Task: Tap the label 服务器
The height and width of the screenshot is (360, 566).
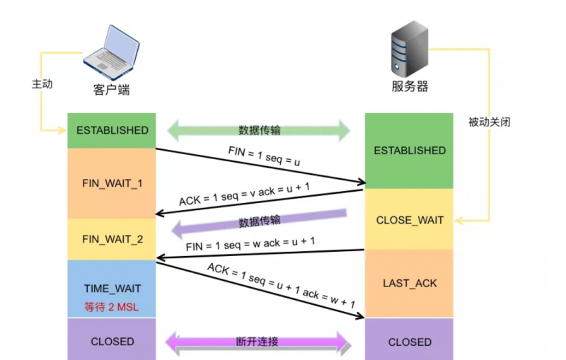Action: click(410, 87)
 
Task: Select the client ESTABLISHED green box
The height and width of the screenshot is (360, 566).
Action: click(112, 130)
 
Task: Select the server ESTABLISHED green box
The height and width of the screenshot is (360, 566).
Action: click(410, 150)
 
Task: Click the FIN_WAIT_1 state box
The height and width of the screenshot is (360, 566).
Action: click(112, 183)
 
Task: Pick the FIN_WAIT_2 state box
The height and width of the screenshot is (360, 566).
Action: click(112, 239)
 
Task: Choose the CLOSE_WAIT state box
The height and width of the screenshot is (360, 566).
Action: click(410, 220)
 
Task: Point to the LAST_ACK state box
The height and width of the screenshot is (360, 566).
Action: click(410, 283)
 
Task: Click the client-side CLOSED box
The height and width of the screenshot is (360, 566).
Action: click(112, 341)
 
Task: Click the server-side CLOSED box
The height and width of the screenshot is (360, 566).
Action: click(410, 342)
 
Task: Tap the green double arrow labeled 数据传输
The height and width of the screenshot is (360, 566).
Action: click(259, 130)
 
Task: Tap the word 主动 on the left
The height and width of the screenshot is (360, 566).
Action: click(42, 83)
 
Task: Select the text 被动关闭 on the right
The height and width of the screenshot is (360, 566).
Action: click(489, 122)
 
